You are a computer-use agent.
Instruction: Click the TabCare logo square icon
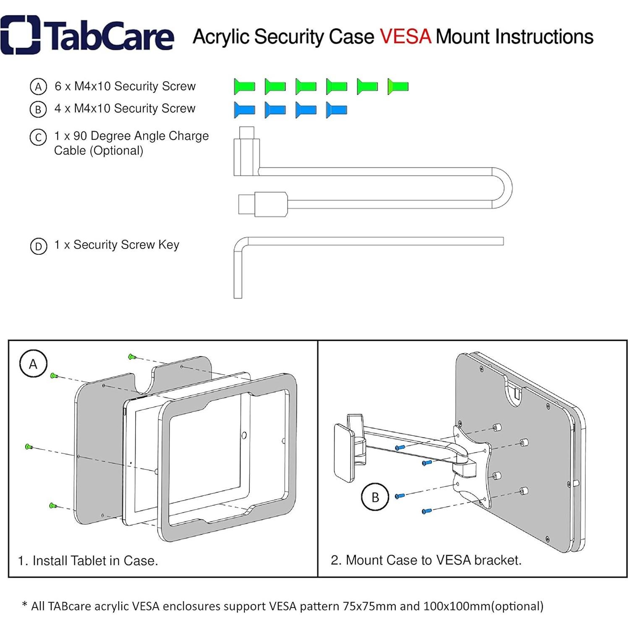coord(20,35)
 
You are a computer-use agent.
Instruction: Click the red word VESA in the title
coord(406,37)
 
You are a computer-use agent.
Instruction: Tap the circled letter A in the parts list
coord(38,87)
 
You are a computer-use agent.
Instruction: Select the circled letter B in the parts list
coord(38,109)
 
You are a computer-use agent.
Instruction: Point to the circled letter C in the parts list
coord(38,137)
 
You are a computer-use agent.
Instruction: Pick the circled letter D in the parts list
coord(38,246)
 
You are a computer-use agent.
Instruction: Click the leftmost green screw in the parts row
coord(244,86)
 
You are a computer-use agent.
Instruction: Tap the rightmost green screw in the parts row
coord(398,86)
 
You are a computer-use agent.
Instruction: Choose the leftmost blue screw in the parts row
coord(244,110)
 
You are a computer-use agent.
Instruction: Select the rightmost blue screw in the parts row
coord(337,110)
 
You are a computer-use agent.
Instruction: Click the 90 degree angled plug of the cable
coord(246,151)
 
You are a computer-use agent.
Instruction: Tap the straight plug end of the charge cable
coord(262,204)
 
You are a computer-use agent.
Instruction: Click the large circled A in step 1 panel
coord(34,364)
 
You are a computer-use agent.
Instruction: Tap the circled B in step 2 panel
coord(375,497)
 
